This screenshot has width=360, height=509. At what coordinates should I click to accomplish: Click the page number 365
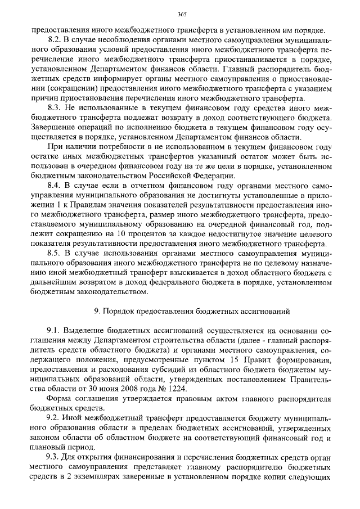click(181, 15)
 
